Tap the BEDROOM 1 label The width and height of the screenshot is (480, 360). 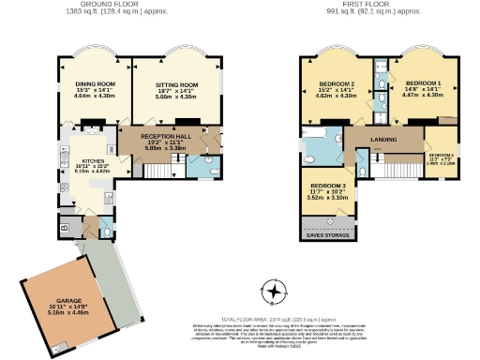(x=423, y=82)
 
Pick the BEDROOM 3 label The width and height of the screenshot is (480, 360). (x=328, y=186)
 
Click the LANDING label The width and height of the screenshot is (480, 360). (x=383, y=139)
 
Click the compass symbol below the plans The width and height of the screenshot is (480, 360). (x=273, y=292)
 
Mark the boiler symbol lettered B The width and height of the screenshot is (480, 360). (x=63, y=228)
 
